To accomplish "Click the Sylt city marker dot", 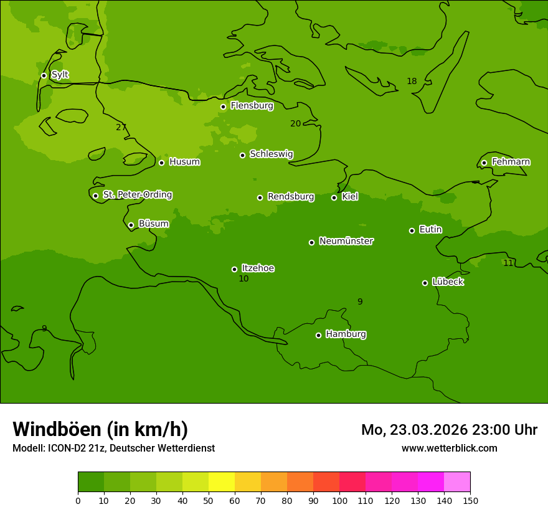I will [44, 75].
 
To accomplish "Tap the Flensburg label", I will [252, 106].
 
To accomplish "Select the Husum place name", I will [184, 162].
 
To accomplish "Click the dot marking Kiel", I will [334, 197].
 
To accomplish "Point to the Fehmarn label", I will [511, 162].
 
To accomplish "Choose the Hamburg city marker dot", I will [318, 335].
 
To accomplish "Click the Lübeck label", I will [447, 282].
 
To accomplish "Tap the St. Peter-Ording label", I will [137, 195].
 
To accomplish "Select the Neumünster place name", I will [346, 241].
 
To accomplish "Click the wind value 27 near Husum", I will [121, 127].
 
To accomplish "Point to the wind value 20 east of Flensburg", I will [295, 123].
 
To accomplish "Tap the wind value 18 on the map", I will [412, 81].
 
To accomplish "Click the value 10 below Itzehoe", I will [243, 278].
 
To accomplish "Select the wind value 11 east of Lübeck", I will [508, 263].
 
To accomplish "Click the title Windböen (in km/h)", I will [100, 429].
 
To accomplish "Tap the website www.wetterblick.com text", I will [449, 448].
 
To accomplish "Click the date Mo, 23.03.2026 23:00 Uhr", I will [449, 430].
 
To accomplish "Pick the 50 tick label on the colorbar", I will [209, 500].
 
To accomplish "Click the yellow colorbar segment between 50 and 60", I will [222, 481].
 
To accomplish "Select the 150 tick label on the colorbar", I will [470, 500].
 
